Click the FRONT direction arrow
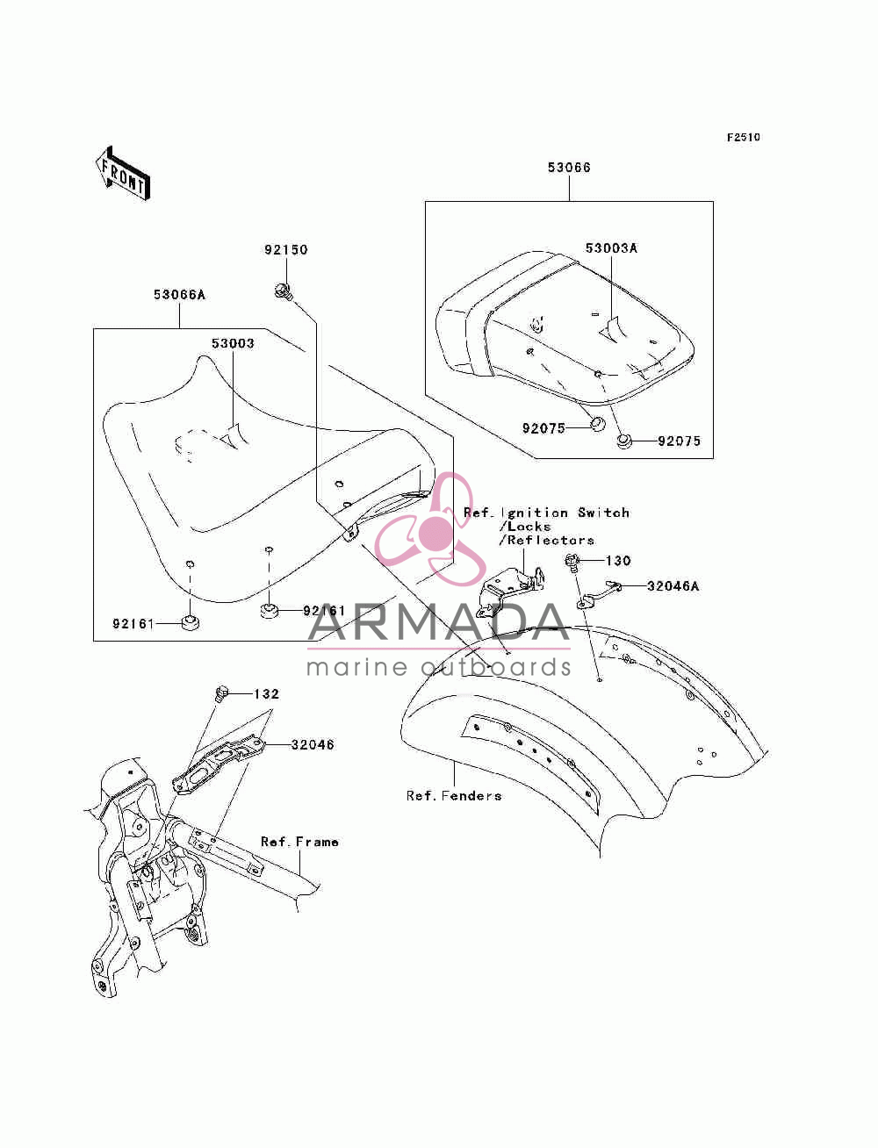coord(123,173)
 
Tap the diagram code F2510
coord(743,138)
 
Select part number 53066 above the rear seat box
coord(569,168)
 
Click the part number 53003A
coord(610,248)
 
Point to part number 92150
coord(285,249)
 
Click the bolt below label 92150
coord(283,291)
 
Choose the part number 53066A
coord(179,295)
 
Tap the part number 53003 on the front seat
coord(233,344)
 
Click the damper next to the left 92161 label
coord(191,623)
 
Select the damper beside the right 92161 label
coord(269,610)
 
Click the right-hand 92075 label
coord(680,441)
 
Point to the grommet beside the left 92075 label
coord(596,423)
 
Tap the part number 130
coord(618,561)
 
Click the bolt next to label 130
coord(572,563)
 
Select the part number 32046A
coord(673,585)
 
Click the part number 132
coord(266,694)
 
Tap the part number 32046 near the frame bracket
coord(313,744)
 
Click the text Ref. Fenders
coord(454,795)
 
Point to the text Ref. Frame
coord(299,842)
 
